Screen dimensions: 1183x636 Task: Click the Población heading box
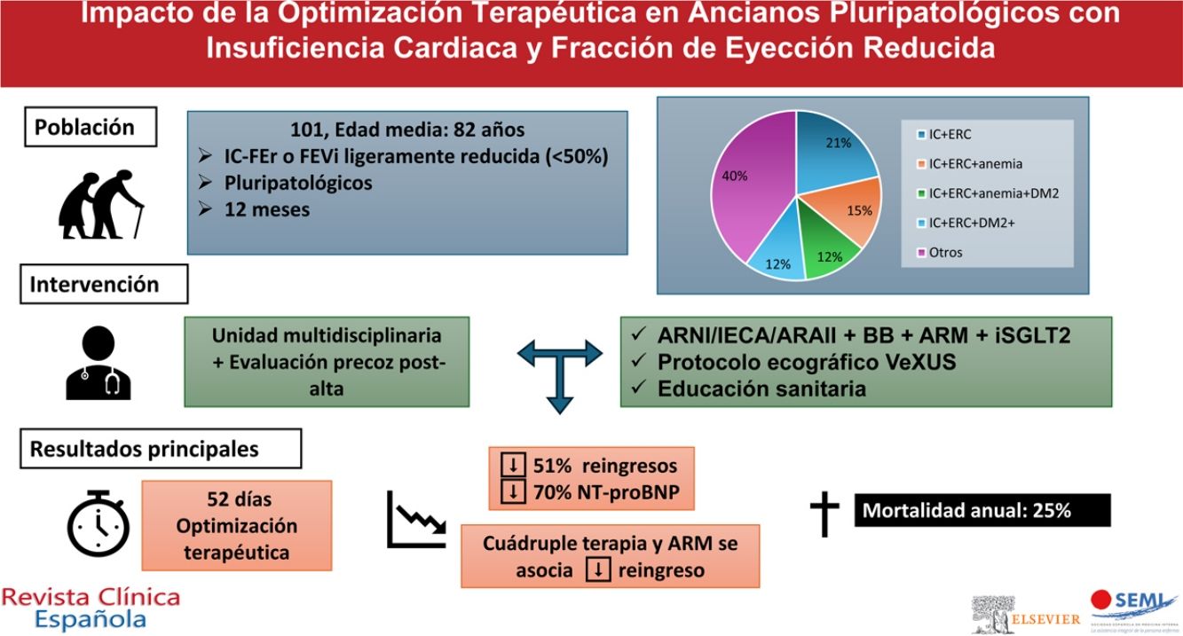pyautogui.click(x=89, y=127)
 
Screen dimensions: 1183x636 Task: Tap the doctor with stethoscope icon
pyautogui.click(x=98, y=364)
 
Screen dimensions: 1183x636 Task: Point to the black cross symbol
pyautogui.click(x=824, y=512)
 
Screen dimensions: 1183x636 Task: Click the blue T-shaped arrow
pyautogui.click(x=559, y=367)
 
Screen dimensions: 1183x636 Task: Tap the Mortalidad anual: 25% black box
pyautogui.click(x=982, y=511)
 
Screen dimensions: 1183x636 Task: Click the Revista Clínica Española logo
pyautogui.click(x=91, y=608)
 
